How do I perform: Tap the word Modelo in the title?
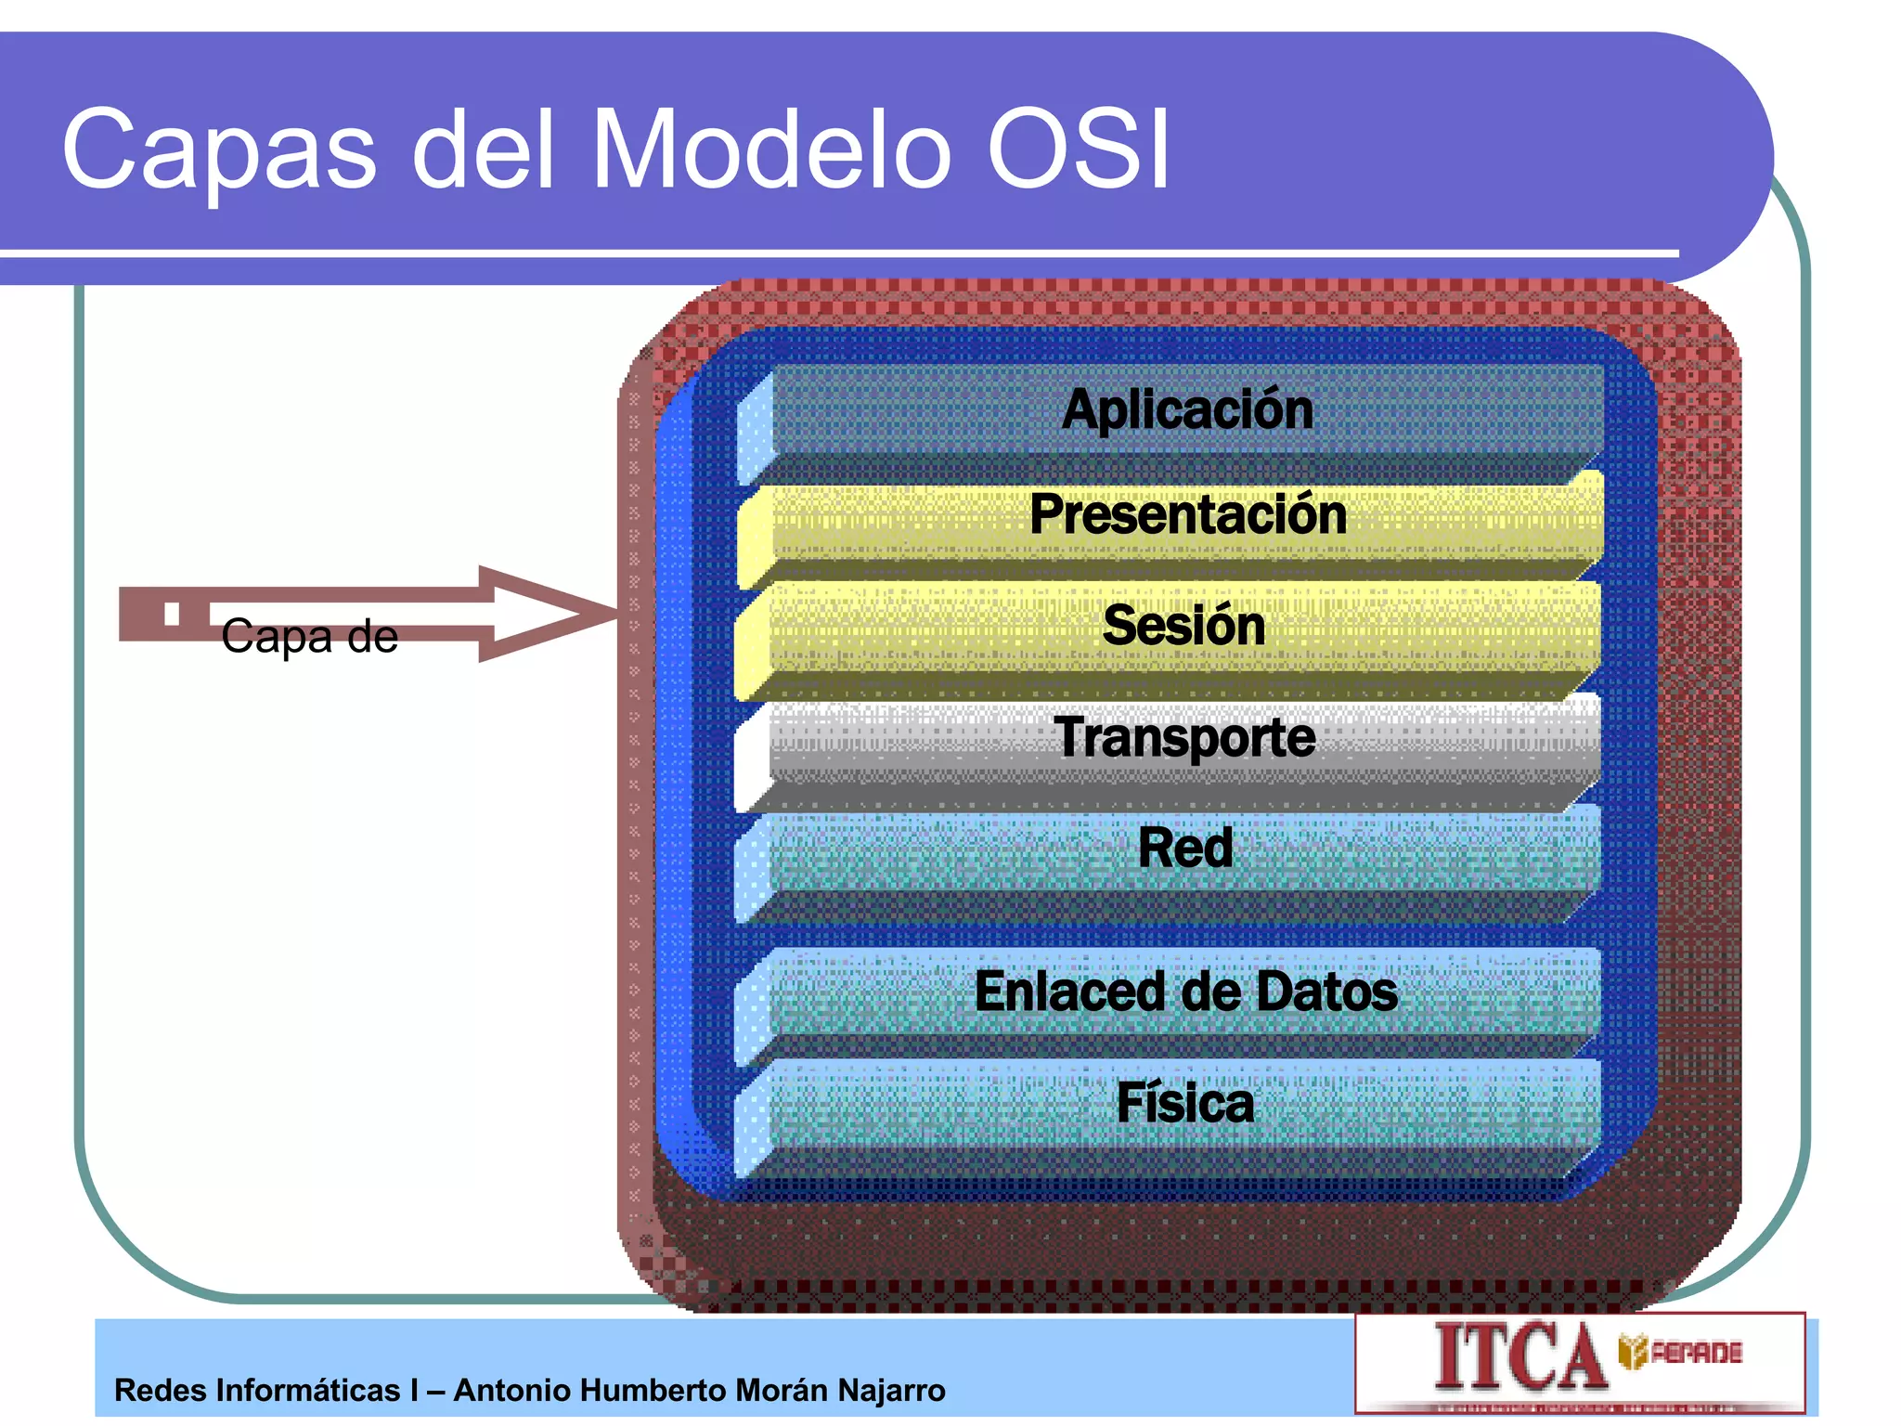(772, 149)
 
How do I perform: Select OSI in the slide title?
(1077, 149)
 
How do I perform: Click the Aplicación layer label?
(1187, 409)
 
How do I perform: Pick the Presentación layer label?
(1187, 514)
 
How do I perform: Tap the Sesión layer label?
(1183, 625)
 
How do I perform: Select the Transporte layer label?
(1184, 737)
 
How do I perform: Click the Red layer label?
(1185, 848)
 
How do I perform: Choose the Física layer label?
(1184, 1103)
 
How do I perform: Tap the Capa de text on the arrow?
(309, 637)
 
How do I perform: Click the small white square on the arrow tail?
(171, 613)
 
